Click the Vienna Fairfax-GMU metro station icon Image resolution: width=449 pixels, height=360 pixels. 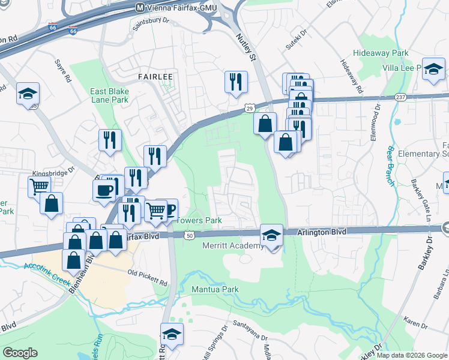140,8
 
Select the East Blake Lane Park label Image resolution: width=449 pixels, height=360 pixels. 109,95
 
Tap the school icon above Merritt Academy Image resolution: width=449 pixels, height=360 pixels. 271,235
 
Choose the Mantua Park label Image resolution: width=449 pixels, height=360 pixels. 215,290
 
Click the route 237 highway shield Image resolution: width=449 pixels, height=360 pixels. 402,97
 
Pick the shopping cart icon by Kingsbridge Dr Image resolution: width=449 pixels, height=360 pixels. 39,185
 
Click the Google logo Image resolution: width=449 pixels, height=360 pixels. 20,353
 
